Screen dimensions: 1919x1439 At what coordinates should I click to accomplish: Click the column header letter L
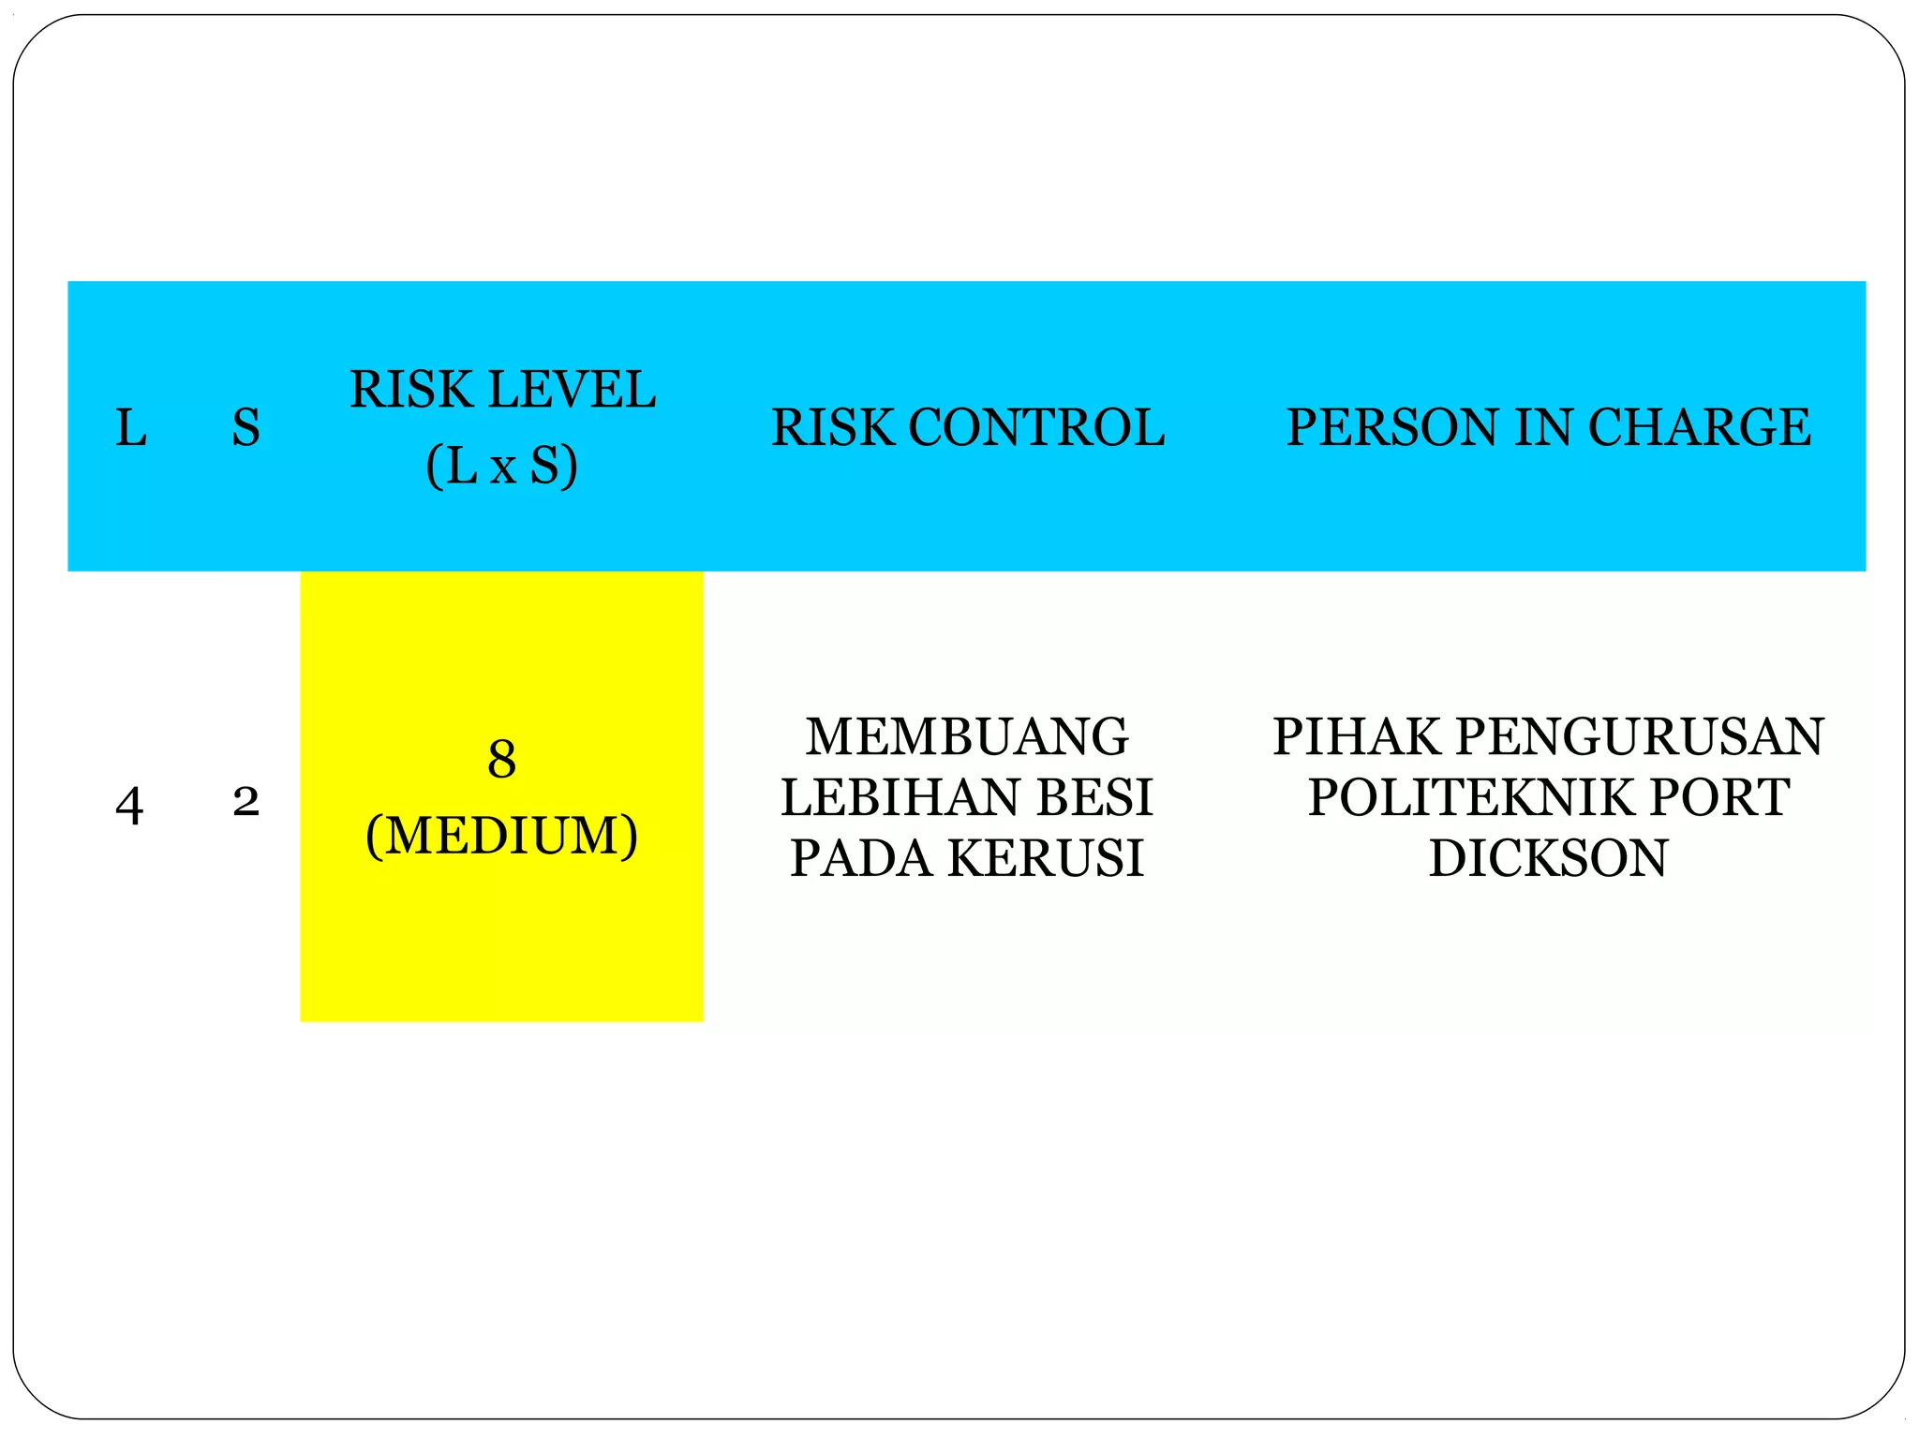point(130,428)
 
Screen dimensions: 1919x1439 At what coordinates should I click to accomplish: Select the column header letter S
point(245,428)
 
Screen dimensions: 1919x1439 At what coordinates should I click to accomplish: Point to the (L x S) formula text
point(501,466)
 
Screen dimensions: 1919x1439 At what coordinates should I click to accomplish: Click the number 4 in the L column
point(129,806)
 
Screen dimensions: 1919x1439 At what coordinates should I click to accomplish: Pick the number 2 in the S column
point(245,802)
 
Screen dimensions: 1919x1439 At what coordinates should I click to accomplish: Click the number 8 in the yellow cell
point(501,760)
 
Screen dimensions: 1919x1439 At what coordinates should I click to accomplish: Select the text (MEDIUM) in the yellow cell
point(501,836)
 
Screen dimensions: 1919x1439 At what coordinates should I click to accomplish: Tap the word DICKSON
point(1548,858)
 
